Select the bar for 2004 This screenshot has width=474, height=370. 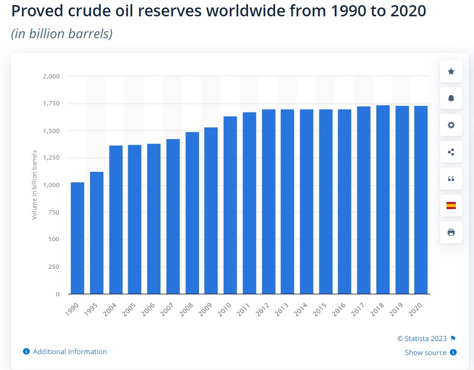(x=116, y=220)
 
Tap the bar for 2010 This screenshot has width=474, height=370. (x=230, y=205)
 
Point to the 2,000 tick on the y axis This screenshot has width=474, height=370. (x=52, y=76)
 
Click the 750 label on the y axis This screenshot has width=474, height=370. (x=54, y=212)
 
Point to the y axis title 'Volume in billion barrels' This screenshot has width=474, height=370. (x=34, y=185)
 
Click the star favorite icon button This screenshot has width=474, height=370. (x=451, y=71)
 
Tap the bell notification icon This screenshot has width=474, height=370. (x=451, y=98)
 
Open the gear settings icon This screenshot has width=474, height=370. (x=451, y=125)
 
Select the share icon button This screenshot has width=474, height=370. (x=451, y=152)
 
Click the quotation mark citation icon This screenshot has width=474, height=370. (x=451, y=179)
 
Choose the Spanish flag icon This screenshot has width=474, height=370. (x=451, y=205)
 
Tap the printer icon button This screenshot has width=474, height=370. (x=451, y=232)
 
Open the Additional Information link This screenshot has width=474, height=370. (x=69, y=352)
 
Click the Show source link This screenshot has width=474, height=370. (x=426, y=353)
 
